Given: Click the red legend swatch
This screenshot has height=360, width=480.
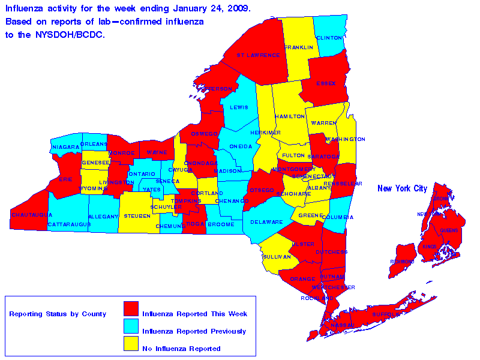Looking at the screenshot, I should pyautogui.click(x=131, y=309).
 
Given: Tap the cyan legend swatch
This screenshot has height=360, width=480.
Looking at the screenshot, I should pyautogui.click(x=131, y=326).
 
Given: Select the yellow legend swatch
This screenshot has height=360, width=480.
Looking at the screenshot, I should pyautogui.click(x=131, y=344).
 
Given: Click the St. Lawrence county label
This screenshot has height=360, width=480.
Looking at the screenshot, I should pyautogui.click(x=259, y=55).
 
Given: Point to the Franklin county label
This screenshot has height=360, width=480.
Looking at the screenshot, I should pyautogui.click(x=299, y=47).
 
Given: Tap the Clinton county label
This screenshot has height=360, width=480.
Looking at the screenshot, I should pyautogui.click(x=329, y=37).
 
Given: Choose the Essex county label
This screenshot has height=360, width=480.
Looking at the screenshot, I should pyautogui.click(x=326, y=83).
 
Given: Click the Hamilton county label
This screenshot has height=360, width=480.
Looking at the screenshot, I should pyautogui.click(x=290, y=116).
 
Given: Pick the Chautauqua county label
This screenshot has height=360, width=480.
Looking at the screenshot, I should pyautogui.click(x=28, y=214).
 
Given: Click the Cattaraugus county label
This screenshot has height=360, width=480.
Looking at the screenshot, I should pyautogui.click(x=68, y=224).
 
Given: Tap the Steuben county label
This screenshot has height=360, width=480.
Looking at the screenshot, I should pyautogui.click(x=137, y=215).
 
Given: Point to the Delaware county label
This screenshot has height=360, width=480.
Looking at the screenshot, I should pyautogui.click(x=267, y=222).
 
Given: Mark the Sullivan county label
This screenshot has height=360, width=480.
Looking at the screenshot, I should pyautogui.click(x=277, y=256).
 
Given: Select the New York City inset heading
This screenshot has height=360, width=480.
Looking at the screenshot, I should pyautogui.click(x=402, y=189).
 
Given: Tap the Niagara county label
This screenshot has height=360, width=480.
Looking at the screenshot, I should pyautogui.click(x=65, y=146).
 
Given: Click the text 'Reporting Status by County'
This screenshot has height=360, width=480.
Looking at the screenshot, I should pyautogui.click(x=58, y=314).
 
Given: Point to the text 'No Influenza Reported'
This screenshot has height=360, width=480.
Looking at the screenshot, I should pyautogui.click(x=181, y=349).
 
